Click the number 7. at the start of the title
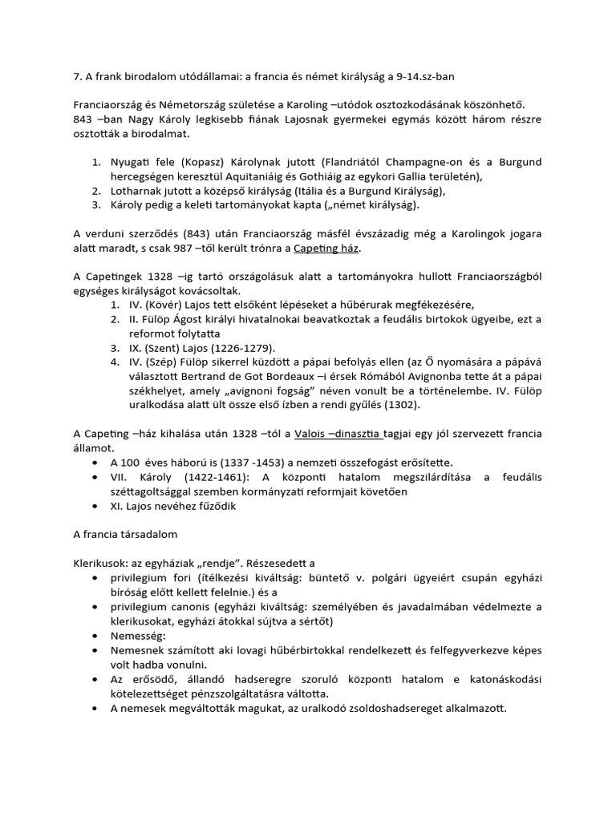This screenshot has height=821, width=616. pos(79,77)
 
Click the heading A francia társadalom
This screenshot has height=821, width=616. pos(125,533)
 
